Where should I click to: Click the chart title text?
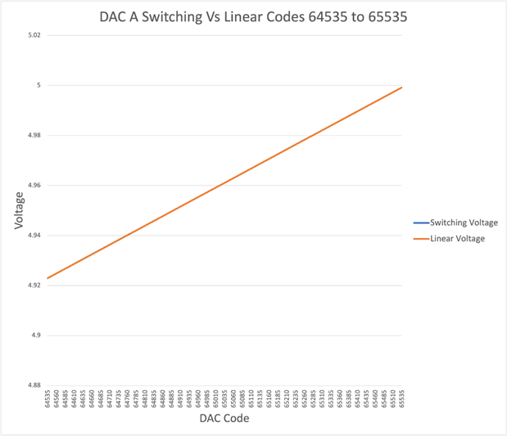[253, 16]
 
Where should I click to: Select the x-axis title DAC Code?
[224, 419]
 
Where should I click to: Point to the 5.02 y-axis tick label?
[34, 35]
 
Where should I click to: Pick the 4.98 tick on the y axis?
[34, 135]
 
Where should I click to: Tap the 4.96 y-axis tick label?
[34, 186]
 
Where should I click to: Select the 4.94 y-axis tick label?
[34, 236]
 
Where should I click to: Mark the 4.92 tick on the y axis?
[34, 285]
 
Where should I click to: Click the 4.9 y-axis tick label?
[36, 335]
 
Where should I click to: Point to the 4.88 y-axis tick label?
[34, 385]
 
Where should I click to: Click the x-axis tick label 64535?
[48, 399]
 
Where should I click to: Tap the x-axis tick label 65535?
[402, 399]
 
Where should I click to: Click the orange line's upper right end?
[402, 87]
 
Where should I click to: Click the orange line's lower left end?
[48, 279]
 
